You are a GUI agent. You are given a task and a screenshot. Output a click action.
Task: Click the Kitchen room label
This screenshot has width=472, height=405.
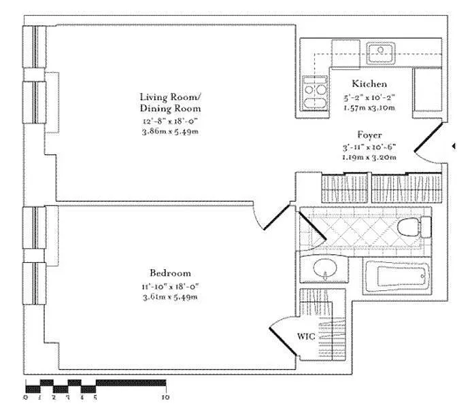coord(369,84)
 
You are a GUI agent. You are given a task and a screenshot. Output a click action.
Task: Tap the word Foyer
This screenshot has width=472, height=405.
coord(370,135)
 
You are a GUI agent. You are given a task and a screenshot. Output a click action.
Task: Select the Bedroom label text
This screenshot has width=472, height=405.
coord(171,273)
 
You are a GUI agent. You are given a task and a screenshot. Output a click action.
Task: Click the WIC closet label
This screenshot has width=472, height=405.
coord(306,336)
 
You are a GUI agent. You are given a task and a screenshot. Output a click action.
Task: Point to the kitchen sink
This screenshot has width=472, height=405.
coord(381,53)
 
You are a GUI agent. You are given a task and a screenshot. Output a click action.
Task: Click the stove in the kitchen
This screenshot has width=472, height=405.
coord(315,92)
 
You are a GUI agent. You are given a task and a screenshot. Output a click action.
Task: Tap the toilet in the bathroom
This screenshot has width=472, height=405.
coord(414,227)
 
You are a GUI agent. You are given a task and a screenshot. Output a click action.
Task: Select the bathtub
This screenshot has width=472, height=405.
coord(397,276)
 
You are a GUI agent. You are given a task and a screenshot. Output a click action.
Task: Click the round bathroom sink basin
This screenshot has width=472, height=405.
coord(325,268)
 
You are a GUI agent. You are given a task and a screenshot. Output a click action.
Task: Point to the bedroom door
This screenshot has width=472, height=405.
coord(277,217)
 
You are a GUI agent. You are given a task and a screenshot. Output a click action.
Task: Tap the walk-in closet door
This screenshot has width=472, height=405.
coord(283,341)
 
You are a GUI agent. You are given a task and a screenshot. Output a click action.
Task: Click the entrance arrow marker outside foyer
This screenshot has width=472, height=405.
coord(454,146)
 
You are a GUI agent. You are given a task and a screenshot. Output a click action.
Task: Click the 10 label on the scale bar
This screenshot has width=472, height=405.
coord(165,397)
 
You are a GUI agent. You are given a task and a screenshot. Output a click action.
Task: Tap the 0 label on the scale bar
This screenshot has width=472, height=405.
coord(26,397)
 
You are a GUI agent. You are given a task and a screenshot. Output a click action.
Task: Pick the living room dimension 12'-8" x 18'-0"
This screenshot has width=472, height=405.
coord(171,121)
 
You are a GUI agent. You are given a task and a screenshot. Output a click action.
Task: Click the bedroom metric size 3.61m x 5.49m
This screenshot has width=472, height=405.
coord(171,297)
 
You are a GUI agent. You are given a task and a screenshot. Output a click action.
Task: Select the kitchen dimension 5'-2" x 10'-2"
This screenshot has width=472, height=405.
coord(369,97)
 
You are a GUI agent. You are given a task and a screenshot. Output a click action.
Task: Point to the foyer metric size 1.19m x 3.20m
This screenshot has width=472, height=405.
coord(369,157)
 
